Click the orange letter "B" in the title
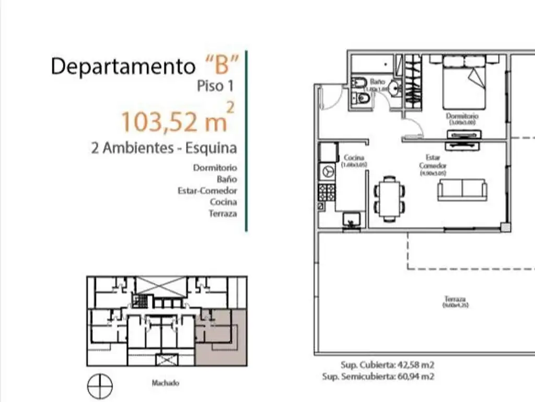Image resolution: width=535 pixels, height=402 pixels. [x=219, y=66]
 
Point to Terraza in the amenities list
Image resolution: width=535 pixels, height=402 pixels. [x=223, y=214]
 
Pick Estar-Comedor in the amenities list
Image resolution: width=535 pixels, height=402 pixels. [x=207, y=191]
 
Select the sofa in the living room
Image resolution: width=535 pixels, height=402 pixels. [x=462, y=189]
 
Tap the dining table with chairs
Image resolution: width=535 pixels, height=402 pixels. [x=390, y=198]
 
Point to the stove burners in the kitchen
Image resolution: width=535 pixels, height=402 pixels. [x=327, y=192]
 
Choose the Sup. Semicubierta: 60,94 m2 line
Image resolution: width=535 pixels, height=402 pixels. [x=379, y=376]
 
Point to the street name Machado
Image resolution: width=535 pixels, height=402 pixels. [x=165, y=383]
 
